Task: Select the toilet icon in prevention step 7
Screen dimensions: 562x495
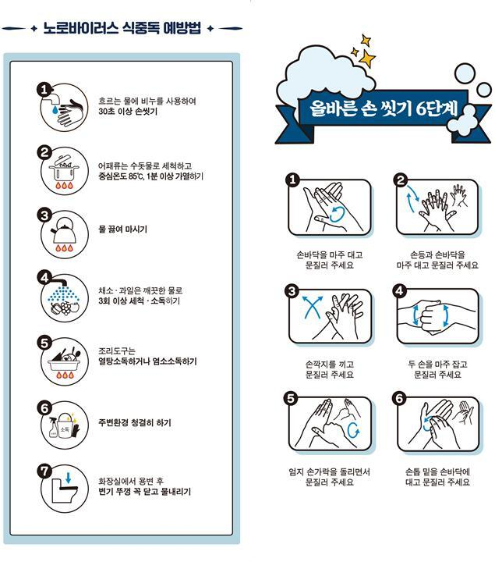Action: click(62, 487)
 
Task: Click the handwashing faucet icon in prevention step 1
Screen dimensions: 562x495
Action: click(62, 107)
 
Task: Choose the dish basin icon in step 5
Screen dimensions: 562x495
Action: click(62, 361)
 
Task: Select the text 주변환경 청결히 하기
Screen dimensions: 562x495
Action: click(135, 423)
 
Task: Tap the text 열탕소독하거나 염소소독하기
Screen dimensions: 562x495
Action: click(147, 361)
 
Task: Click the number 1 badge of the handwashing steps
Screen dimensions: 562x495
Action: click(293, 180)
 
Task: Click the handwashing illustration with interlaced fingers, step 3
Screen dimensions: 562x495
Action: click(329, 316)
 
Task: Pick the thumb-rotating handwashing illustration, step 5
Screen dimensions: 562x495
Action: click(329, 425)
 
